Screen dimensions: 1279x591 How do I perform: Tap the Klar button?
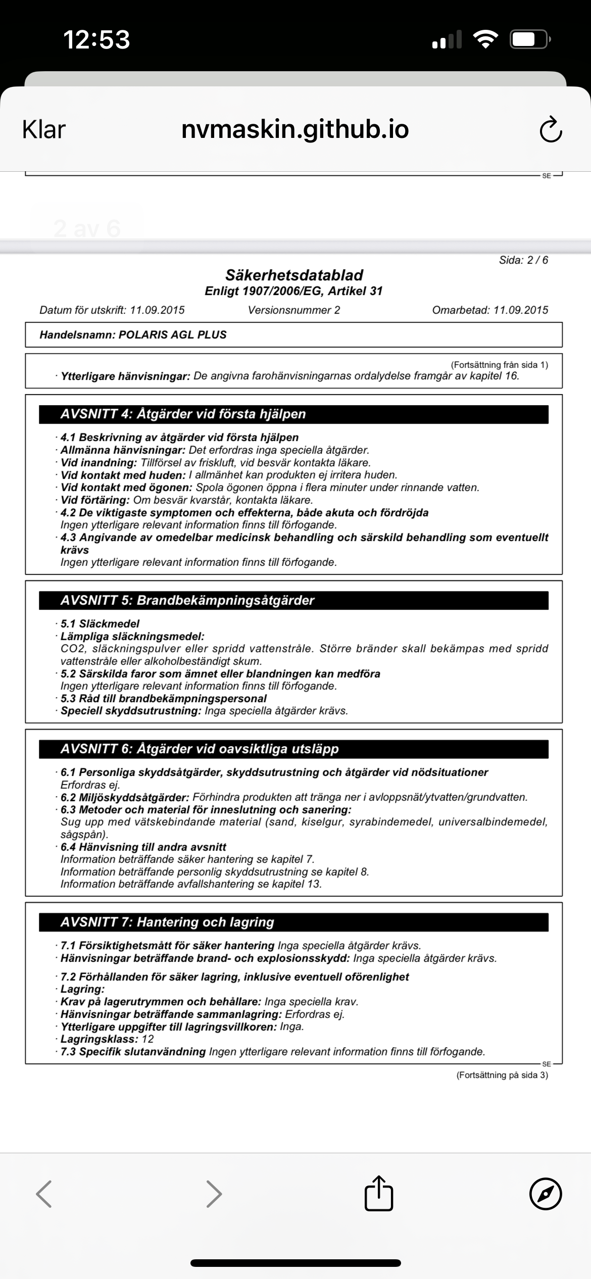(44, 130)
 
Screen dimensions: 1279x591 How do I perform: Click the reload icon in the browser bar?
(550, 130)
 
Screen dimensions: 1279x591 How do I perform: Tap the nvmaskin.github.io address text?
(295, 130)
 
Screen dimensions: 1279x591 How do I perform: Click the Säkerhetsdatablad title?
(294, 275)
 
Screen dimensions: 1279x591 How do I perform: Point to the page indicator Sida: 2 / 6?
(523, 260)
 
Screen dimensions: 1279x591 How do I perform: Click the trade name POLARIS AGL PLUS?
(172, 335)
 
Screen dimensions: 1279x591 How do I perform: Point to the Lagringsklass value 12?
(147, 1040)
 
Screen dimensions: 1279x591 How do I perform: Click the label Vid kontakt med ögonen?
(126, 488)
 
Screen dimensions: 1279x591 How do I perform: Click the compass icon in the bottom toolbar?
(546, 1194)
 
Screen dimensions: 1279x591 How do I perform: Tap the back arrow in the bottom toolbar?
(44, 1194)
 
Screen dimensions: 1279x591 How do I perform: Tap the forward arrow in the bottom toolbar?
(214, 1194)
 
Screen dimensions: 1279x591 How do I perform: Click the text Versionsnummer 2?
(294, 310)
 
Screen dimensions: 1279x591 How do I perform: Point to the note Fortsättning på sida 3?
(502, 1075)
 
